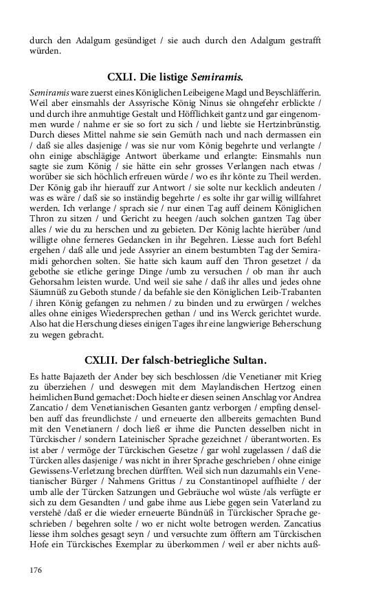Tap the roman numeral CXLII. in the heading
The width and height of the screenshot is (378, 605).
pyautogui.click(x=107, y=360)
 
